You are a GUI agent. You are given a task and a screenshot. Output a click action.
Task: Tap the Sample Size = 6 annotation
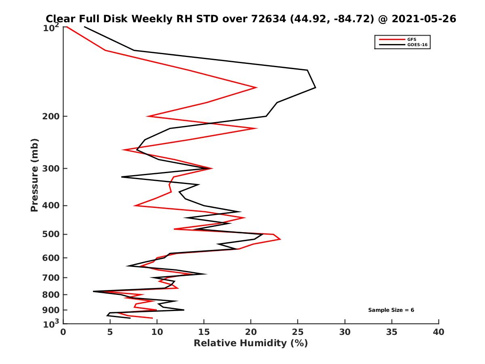tap(391, 310)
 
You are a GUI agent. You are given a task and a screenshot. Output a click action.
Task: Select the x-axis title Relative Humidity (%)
tap(251, 343)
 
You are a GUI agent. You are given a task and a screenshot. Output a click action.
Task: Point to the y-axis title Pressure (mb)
tap(34, 175)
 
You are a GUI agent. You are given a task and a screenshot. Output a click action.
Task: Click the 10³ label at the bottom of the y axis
tap(51, 324)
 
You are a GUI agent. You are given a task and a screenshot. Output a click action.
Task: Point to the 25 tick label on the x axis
tap(298, 332)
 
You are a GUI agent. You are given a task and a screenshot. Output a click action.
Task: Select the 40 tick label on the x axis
tap(439, 332)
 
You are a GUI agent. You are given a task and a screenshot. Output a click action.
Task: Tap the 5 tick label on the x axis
tap(110, 332)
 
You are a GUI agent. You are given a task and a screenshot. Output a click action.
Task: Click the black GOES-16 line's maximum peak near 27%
tap(315, 87)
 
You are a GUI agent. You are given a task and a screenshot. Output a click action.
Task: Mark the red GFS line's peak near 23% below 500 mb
tap(280, 239)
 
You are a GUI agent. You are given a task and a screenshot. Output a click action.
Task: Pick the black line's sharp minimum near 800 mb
tap(93, 291)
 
